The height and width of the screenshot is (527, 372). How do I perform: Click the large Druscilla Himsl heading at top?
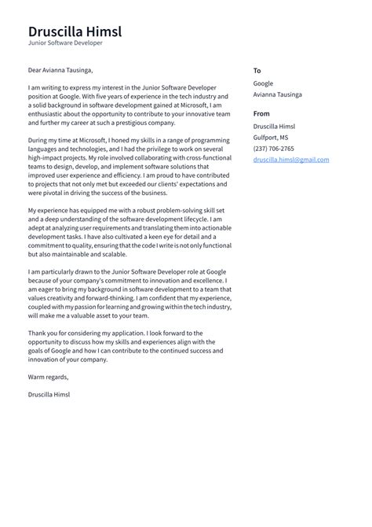75,31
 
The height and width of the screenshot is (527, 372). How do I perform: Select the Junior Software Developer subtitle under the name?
65,43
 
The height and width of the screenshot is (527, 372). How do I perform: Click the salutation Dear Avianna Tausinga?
60,70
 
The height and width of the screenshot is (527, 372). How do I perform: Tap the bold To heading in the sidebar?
257,71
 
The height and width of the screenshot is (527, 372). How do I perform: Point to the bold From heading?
261,113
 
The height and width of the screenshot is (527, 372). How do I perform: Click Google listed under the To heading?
263,83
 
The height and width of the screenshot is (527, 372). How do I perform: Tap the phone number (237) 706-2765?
274,148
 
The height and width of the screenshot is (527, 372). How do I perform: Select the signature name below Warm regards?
49,393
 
